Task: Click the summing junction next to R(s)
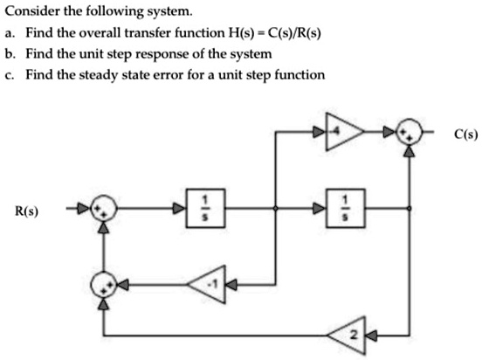coord(105,210)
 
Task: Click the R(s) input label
coord(32,211)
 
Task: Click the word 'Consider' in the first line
coord(29,11)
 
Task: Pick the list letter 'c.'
coord(10,74)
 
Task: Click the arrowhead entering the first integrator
coord(182,209)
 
